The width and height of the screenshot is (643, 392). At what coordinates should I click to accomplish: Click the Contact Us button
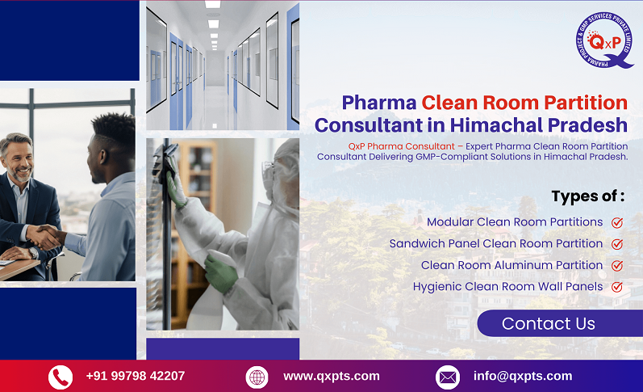coord(549,324)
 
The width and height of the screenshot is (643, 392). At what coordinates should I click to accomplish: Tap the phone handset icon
coord(61,377)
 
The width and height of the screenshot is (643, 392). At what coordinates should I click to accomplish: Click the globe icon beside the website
coord(257,377)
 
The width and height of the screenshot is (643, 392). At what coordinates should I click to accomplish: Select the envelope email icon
coord(448,377)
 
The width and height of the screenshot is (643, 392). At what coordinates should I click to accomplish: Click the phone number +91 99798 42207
coord(136,376)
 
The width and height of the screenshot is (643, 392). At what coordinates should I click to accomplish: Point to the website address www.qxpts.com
coord(332,376)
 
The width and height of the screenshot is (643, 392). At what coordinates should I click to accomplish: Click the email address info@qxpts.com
coord(523,376)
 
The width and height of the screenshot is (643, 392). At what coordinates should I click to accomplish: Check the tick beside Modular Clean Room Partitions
coord(617,222)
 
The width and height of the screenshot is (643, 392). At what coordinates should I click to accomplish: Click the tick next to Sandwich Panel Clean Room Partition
coord(617,244)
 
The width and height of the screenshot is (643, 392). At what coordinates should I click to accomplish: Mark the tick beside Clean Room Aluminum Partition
coord(617,265)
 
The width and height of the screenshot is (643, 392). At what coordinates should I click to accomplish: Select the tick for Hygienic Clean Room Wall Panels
coord(617,287)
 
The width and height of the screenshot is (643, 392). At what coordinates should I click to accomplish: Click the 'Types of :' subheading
coord(588,196)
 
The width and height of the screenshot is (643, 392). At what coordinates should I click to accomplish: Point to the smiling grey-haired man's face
coord(18,158)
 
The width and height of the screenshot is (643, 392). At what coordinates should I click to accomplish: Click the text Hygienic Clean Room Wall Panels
coord(507,286)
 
